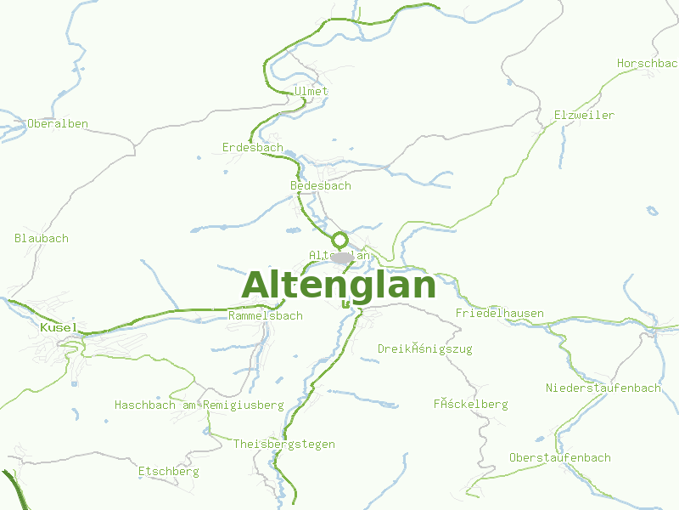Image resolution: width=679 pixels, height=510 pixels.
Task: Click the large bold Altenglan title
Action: coord(339,286)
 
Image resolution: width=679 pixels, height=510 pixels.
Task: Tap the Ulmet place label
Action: coord(311,91)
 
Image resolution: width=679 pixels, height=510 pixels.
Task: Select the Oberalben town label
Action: coord(58,123)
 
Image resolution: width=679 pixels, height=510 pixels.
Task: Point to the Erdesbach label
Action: coord(252,147)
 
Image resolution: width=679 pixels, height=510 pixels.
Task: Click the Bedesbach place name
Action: coord(320,185)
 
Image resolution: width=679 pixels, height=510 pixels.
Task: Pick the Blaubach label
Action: coord(42,238)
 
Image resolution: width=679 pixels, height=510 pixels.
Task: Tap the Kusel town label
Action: coord(59,327)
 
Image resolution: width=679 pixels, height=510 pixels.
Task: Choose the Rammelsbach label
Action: coord(265,315)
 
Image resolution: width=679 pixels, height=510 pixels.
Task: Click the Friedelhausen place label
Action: coord(499,313)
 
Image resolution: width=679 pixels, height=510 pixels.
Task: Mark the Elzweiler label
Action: coord(584,115)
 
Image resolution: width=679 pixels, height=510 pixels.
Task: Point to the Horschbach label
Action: coord(648,64)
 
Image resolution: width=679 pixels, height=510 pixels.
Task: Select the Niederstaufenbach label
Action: coord(603,388)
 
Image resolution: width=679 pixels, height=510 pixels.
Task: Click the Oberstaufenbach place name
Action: coord(559,457)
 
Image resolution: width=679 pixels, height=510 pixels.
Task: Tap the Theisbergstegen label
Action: coord(283,444)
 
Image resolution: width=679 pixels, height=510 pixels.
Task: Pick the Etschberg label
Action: coord(168,470)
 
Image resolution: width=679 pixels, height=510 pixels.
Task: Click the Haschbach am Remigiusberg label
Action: coord(199,405)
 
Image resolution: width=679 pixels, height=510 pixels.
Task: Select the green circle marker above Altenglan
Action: coord(339,240)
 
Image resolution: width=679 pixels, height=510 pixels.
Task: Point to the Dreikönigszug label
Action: coord(424,348)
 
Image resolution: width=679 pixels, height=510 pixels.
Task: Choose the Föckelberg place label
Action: coord(470,404)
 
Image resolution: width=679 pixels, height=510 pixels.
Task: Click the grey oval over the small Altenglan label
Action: coord(344,257)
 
